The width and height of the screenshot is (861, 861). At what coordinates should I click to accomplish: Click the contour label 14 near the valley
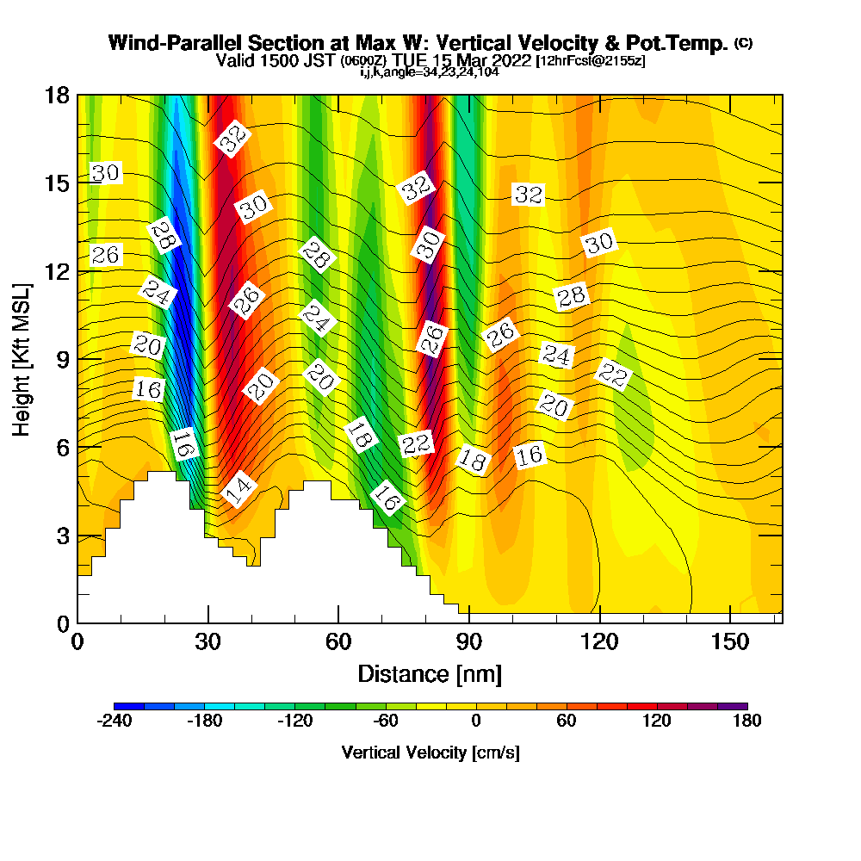pyautogui.click(x=238, y=490)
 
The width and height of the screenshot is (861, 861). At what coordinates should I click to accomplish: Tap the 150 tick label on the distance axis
pyautogui.click(x=730, y=641)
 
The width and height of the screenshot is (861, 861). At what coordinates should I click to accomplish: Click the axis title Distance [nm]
pyautogui.click(x=430, y=673)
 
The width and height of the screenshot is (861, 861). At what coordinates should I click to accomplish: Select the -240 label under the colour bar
pyautogui.click(x=114, y=722)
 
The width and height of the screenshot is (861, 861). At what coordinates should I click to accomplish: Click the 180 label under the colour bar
pyautogui.click(x=746, y=722)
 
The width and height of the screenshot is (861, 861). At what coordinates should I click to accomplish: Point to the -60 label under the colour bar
pyautogui.click(x=385, y=722)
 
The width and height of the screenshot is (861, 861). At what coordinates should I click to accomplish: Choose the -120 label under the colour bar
pyautogui.click(x=294, y=722)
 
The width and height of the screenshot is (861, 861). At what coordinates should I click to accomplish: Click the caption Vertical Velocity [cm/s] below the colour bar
pyautogui.click(x=430, y=753)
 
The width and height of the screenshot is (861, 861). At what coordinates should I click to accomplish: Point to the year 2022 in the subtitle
pyautogui.click(x=513, y=61)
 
